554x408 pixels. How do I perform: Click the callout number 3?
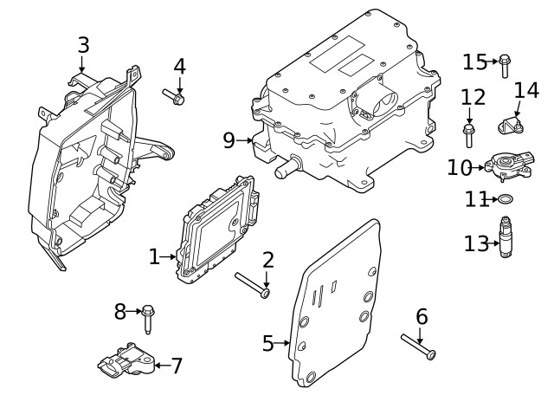click(83, 44)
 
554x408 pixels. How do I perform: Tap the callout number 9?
click(229, 139)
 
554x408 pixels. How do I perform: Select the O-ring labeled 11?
click(505, 200)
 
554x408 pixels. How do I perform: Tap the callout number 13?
click(476, 243)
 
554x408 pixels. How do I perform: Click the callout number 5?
click(268, 343)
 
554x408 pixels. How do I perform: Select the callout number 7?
click(176, 366)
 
